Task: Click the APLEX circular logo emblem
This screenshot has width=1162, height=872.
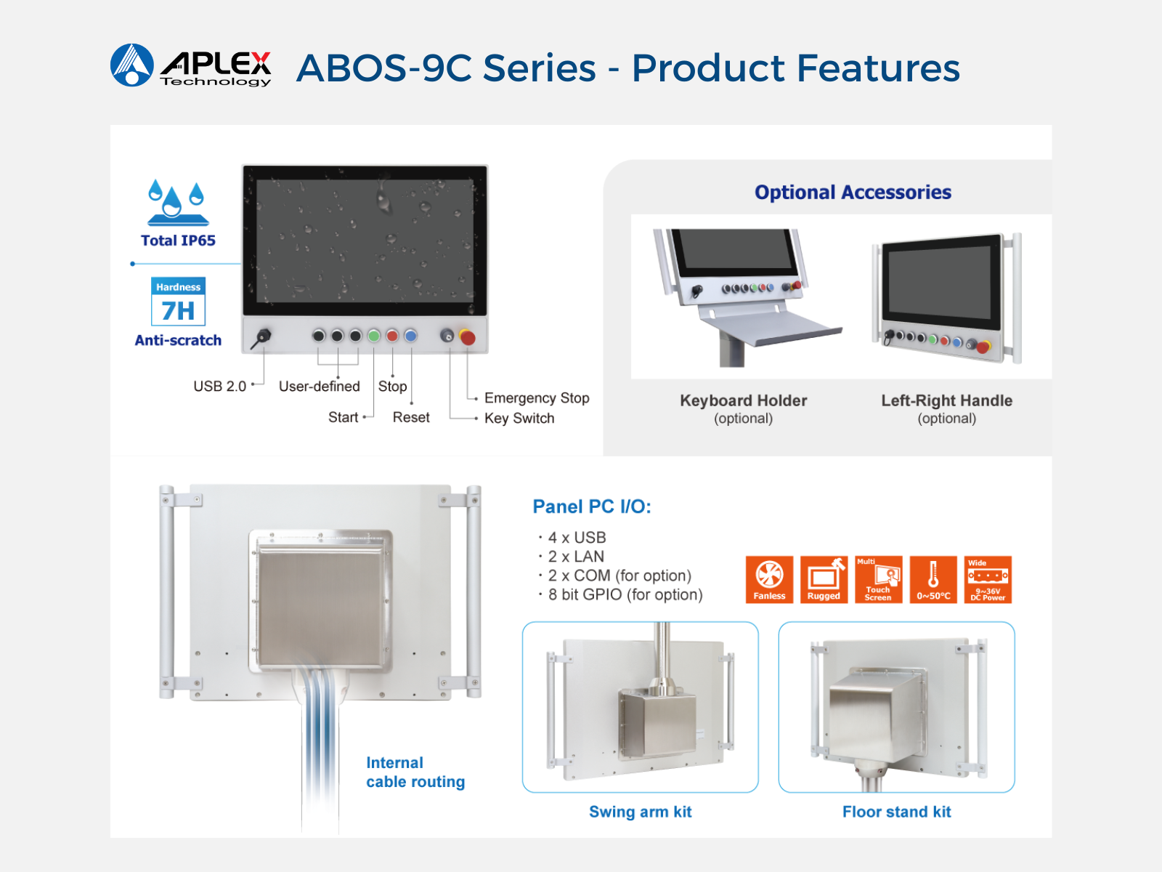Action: click(132, 65)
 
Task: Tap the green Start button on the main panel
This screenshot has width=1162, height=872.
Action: click(374, 336)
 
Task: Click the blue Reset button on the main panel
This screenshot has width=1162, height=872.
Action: click(411, 336)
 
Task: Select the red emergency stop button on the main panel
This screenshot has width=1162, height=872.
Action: click(468, 337)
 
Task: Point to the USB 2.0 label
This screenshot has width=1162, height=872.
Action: click(220, 387)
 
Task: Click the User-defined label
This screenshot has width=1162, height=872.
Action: click(320, 387)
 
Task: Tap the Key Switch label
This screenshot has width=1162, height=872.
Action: click(519, 419)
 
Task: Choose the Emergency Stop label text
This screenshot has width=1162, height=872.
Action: click(537, 397)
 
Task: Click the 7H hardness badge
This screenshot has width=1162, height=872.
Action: click(179, 302)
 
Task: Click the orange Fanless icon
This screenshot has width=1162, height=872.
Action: click(769, 579)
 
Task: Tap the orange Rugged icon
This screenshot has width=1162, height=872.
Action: click(824, 579)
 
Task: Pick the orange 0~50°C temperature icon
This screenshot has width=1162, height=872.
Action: click(933, 579)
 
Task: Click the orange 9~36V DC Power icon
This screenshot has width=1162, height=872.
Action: click(988, 579)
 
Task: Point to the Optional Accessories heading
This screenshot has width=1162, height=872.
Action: click(853, 192)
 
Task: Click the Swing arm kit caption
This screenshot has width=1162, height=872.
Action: click(640, 812)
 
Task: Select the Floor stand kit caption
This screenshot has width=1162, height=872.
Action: click(897, 812)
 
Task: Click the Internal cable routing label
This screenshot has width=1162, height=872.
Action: click(415, 772)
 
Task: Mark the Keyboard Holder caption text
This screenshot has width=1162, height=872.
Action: click(743, 401)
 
